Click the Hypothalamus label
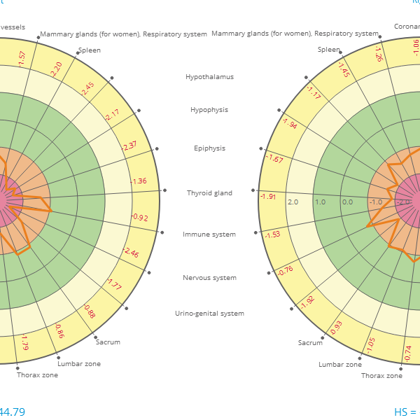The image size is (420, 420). click(209, 77)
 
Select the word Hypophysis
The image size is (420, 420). click(209, 110)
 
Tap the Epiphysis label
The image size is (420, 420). click(209, 148)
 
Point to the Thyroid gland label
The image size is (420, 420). click(209, 192)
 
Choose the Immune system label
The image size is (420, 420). click(209, 234)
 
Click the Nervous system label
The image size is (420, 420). click(209, 278)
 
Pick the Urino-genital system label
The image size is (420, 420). click(209, 314)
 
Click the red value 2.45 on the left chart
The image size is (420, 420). click(87, 89)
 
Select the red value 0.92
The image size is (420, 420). click(140, 218)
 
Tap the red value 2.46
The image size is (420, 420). click(131, 252)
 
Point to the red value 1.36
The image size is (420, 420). click(139, 181)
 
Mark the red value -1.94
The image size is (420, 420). click(289, 124)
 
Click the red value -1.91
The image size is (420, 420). click(268, 197)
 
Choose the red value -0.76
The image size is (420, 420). click(285, 270)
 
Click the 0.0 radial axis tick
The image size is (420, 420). click(347, 202)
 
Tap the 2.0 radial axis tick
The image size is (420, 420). click(293, 202)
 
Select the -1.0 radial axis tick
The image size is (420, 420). click(375, 202)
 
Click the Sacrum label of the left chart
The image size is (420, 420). click(108, 342)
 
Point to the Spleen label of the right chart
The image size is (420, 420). click(328, 50)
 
